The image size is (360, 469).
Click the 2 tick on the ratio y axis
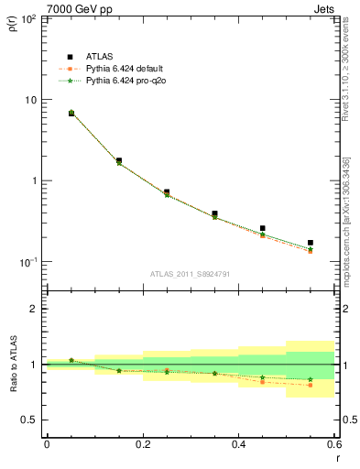[x=36, y=309]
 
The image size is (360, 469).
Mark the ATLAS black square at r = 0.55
[x=311, y=243]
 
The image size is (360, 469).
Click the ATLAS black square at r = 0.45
[x=263, y=228]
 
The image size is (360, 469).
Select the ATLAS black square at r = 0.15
[x=119, y=160]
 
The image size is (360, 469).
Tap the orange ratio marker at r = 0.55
[x=311, y=385]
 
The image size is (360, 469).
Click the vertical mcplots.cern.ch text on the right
[x=352, y=211]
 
